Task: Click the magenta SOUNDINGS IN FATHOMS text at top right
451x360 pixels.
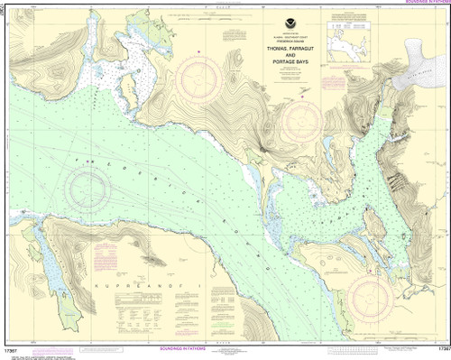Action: tap(416, 4)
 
